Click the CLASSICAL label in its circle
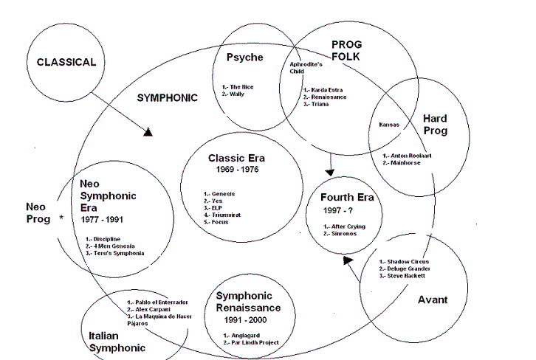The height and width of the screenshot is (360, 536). coord(66,63)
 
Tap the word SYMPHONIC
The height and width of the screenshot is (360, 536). coord(167,97)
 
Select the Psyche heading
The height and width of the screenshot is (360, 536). coord(244,58)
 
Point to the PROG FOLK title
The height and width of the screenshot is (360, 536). coord(346,52)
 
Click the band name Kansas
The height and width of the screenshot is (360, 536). coord(388,125)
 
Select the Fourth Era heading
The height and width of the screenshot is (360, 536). coord(348,197)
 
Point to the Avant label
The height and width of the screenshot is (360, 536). coord(433,300)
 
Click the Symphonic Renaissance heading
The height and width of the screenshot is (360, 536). coord(248,302)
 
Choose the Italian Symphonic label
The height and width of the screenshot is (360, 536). coord(112,341)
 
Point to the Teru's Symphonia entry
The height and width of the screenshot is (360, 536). coord(118,253)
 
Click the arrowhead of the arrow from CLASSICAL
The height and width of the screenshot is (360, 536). coord(148,133)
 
